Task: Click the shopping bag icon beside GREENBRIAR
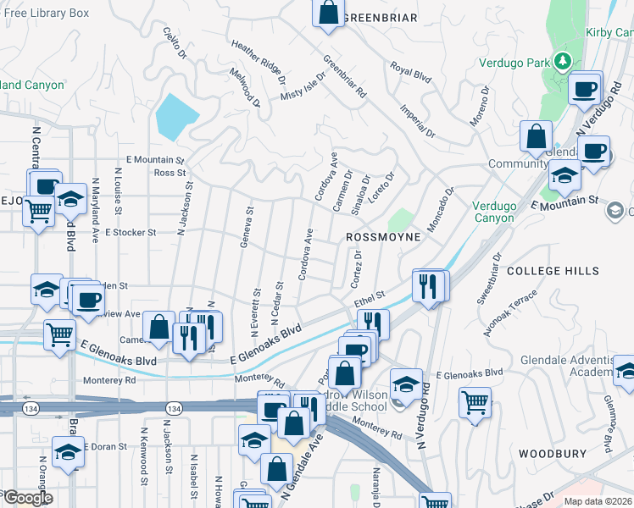(x=329, y=14)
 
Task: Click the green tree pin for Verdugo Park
(x=561, y=61)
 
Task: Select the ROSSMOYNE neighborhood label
(x=384, y=238)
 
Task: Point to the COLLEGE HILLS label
(x=553, y=271)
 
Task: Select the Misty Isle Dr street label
(x=303, y=86)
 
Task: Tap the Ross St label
(x=170, y=173)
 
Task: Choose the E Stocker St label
(x=131, y=232)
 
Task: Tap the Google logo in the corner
(x=28, y=498)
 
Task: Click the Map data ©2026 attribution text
(x=598, y=501)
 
